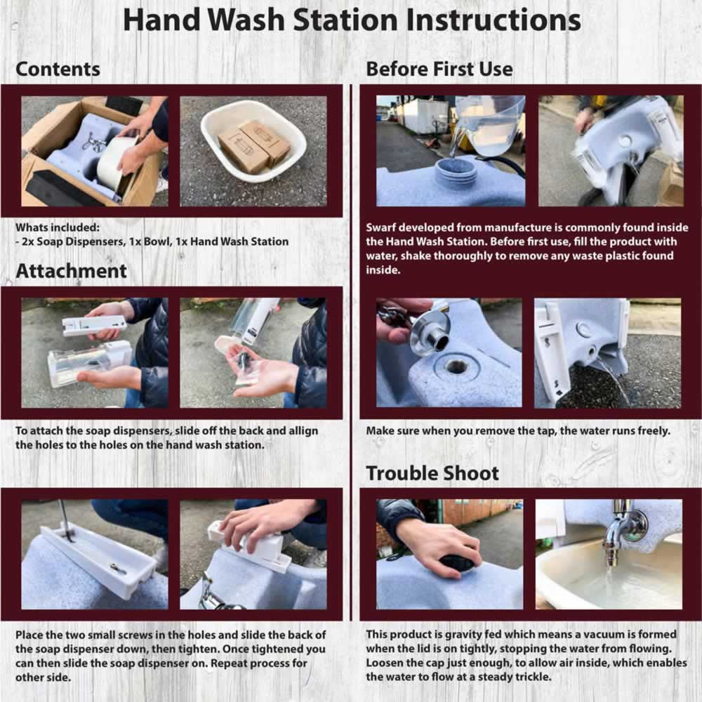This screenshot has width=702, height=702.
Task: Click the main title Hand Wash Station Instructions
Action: coord(352,20)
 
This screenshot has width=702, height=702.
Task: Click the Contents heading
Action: coord(58,69)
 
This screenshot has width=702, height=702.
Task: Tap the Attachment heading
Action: coord(71,271)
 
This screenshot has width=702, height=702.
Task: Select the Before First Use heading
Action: coord(439,69)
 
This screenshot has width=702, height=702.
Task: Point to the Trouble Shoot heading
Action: coord(432,473)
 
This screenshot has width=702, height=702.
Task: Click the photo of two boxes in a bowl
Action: coord(253,152)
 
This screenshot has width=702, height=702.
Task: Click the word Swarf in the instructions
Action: coord(380,227)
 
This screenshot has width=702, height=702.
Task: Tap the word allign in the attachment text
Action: coord(303,431)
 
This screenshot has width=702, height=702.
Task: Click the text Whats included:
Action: coord(58,227)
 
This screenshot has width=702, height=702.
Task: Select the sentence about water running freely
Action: coord(518,431)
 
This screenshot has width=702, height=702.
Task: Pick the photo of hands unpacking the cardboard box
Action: coord(95,152)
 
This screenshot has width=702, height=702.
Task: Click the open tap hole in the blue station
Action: coord(457,366)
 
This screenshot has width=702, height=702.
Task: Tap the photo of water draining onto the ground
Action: coord(607,353)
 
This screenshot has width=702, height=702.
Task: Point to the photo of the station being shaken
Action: coord(611,151)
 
